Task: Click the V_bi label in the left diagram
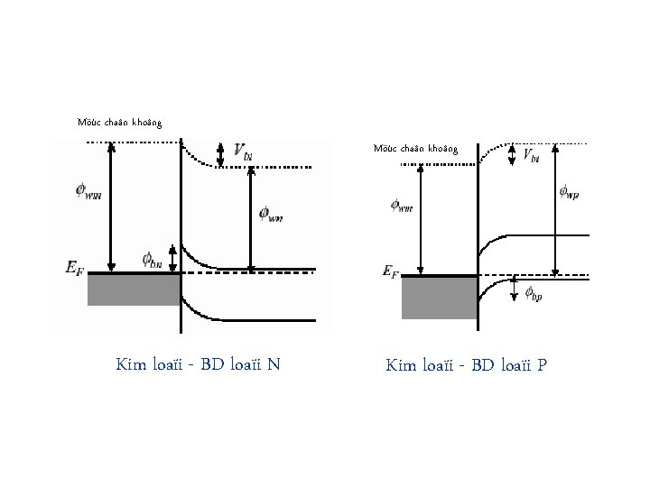click(242, 151)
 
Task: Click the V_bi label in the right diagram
click(532, 157)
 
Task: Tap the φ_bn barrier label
click(151, 260)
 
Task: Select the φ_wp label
click(571, 192)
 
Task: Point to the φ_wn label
click(270, 215)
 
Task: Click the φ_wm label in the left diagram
click(89, 191)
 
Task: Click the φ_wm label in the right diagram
click(402, 206)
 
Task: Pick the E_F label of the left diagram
click(76, 267)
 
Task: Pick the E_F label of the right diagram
click(390, 271)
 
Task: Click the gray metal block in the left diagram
click(134, 289)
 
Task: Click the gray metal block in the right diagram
click(439, 298)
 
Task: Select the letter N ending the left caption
click(274, 364)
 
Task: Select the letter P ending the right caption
click(542, 365)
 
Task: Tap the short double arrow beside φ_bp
click(515, 291)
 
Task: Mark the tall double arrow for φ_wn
click(252, 217)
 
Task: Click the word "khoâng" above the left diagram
click(147, 121)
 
